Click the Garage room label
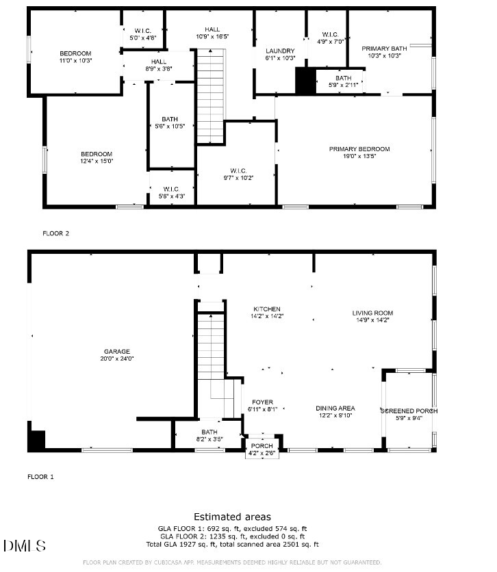(x=116, y=351)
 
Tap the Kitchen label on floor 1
(x=267, y=309)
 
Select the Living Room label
(x=372, y=313)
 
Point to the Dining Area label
(x=335, y=408)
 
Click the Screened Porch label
(x=409, y=411)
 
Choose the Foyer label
(x=262, y=402)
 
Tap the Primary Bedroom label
(x=359, y=149)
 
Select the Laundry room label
(x=280, y=51)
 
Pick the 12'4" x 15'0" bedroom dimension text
(x=97, y=161)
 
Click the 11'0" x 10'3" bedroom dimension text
(x=75, y=60)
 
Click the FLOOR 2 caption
(x=56, y=233)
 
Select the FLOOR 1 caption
(x=40, y=476)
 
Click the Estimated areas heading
(x=232, y=517)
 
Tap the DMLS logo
(x=25, y=545)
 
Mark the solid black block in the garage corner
(x=36, y=440)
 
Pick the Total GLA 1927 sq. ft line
(x=232, y=544)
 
